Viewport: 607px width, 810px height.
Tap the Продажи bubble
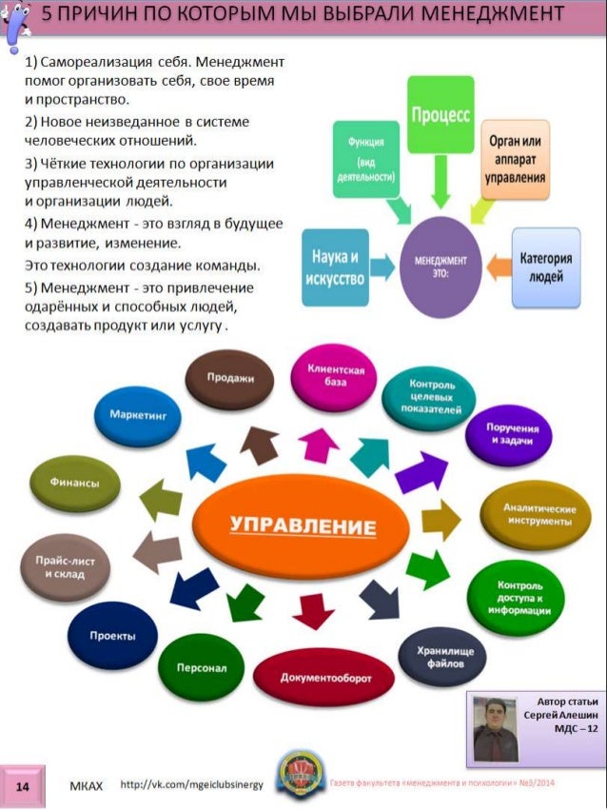(229, 378)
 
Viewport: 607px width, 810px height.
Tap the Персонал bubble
(203, 666)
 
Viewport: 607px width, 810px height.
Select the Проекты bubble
(111, 635)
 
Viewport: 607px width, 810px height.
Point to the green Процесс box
(441, 114)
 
